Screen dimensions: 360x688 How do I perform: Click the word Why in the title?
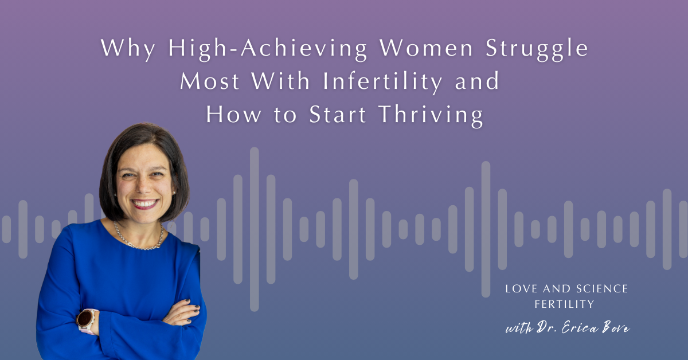click(128, 48)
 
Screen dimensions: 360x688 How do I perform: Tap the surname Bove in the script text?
click(616, 328)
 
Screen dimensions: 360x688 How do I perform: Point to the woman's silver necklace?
click(139, 240)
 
